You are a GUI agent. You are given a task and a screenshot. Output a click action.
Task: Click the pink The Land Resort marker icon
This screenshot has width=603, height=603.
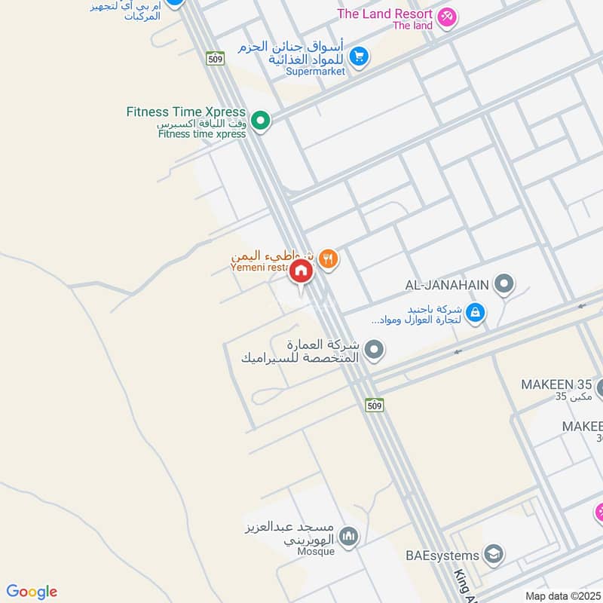tap(447, 17)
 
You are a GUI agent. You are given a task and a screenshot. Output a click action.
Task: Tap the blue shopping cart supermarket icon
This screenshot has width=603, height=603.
tap(359, 55)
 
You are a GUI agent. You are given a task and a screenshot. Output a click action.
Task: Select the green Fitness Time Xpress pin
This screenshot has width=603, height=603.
tap(261, 121)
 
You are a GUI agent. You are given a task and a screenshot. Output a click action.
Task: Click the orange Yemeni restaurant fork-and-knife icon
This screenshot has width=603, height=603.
tap(328, 259)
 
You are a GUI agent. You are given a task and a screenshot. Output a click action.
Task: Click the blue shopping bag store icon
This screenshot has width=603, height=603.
tap(475, 312)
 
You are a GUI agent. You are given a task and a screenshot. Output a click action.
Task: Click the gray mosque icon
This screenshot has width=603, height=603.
tap(347, 537)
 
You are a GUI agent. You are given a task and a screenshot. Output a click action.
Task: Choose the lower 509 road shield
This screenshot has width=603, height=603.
tap(375, 406)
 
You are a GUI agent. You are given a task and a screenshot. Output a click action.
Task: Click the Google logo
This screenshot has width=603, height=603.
tap(32, 592)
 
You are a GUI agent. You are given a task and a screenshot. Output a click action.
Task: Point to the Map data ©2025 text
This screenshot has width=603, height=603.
tap(562, 595)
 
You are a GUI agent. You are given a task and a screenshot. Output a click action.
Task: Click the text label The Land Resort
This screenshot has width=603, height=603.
tap(385, 14)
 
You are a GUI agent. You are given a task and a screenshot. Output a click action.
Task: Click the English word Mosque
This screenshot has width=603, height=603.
tap(315, 551)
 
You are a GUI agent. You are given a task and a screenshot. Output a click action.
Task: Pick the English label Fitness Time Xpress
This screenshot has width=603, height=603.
tap(186, 112)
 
